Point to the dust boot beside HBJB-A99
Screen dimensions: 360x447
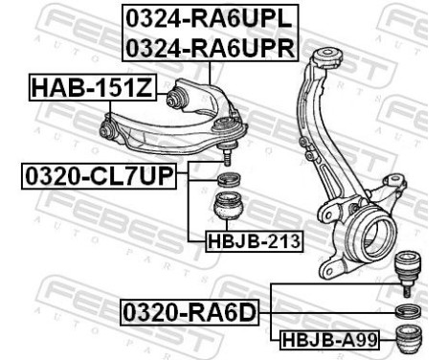[410, 339]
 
